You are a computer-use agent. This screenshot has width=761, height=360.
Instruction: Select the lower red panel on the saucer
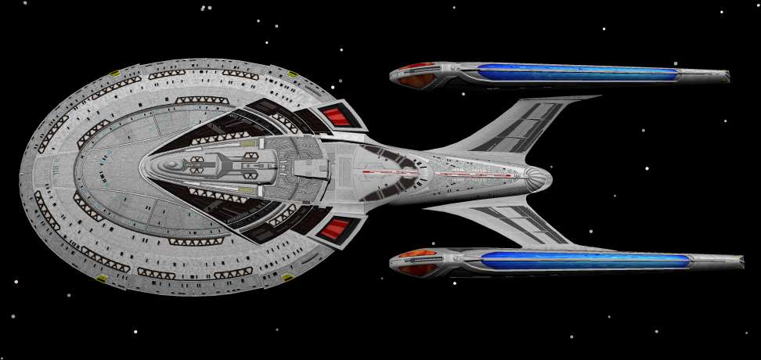click(x=337, y=229)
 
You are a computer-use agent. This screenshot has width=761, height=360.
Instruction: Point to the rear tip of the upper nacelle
click(x=726, y=75)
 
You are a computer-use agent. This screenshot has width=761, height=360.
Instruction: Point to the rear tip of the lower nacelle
click(x=740, y=261)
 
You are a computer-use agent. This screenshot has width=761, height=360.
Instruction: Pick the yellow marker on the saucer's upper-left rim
click(x=113, y=74)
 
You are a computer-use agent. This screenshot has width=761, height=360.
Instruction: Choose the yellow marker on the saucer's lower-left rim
click(x=102, y=276)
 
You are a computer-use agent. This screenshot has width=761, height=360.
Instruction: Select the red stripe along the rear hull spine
click(x=470, y=174)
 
